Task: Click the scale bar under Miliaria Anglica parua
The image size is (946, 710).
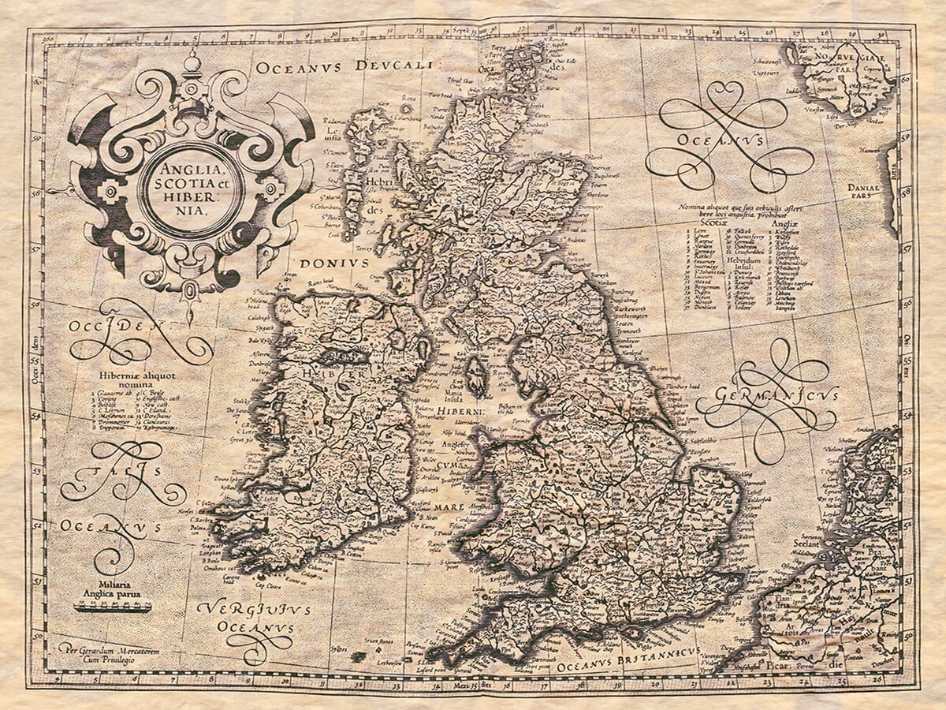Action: tap(112, 607)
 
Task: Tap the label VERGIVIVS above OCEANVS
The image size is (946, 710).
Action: tap(254, 610)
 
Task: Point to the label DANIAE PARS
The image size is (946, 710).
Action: tap(867, 192)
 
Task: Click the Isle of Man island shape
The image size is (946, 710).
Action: tap(476, 376)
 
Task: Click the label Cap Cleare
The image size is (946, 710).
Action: tap(269, 585)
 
